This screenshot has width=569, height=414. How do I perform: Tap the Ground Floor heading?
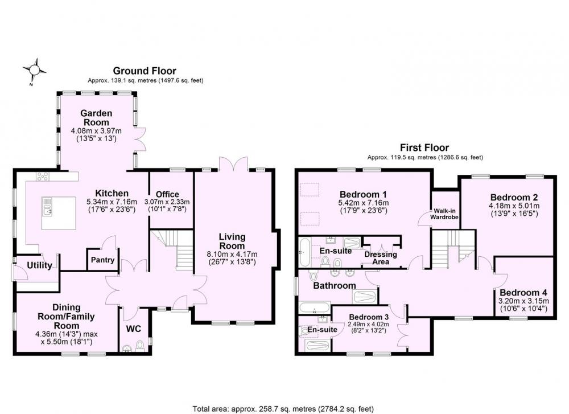(x=145, y=71)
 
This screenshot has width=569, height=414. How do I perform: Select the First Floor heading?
(x=424, y=148)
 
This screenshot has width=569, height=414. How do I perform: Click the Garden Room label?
(x=96, y=118)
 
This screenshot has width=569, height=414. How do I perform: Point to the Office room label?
(x=167, y=194)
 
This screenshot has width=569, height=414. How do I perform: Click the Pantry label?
(x=102, y=260)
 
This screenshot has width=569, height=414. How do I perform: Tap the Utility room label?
(x=39, y=265)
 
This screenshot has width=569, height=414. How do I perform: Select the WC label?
(x=133, y=329)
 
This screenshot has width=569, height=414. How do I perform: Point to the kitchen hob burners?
(x=43, y=176)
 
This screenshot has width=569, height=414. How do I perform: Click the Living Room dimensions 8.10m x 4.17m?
(x=232, y=254)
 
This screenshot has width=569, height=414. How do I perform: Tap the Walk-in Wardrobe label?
(x=444, y=214)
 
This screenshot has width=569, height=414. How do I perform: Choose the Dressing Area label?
(x=381, y=258)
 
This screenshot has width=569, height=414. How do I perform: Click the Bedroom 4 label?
(x=523, y=292)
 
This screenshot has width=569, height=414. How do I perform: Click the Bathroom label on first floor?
(x=334, y=285)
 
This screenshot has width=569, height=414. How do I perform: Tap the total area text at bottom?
(x=283, y=409)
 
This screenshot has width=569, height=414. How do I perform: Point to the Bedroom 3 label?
(x=369, y=317)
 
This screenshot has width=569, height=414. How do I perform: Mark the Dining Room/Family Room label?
(x=66, y=316)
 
